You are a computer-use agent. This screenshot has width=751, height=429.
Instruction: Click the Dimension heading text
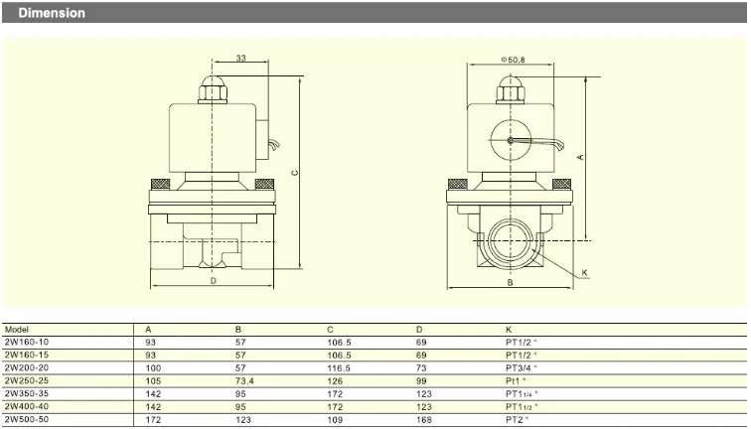(52, 13)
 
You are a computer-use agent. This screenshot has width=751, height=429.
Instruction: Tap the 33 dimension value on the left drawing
(241, 58)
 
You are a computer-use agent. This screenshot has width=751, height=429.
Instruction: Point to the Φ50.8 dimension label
(513, 60)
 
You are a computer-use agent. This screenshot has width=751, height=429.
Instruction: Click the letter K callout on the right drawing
(584, 272)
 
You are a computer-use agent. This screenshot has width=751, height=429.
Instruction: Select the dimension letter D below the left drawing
(214, 281)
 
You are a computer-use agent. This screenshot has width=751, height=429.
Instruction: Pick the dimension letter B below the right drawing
(510, 282)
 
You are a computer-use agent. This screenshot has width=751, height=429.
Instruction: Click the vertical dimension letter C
(295, 173)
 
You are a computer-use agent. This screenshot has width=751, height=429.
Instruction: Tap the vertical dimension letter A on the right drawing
(580, 157)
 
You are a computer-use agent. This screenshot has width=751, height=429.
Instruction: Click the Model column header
(17, 330)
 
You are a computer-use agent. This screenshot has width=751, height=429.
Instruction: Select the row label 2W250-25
(27, 380)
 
